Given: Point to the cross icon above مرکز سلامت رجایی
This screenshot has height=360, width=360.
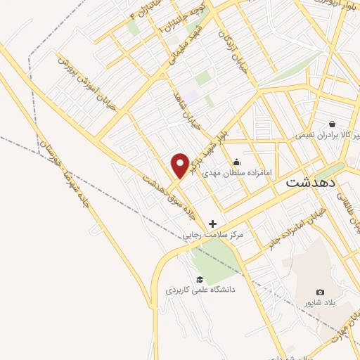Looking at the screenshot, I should point(212,224).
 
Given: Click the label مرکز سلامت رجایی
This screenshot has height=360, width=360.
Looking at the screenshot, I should point(212,236).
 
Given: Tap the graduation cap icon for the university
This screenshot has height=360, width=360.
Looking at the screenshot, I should point(200,278).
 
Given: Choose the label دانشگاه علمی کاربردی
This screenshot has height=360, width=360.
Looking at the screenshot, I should point(200,289).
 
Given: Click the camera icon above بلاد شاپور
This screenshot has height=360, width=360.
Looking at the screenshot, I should point(321,292).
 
